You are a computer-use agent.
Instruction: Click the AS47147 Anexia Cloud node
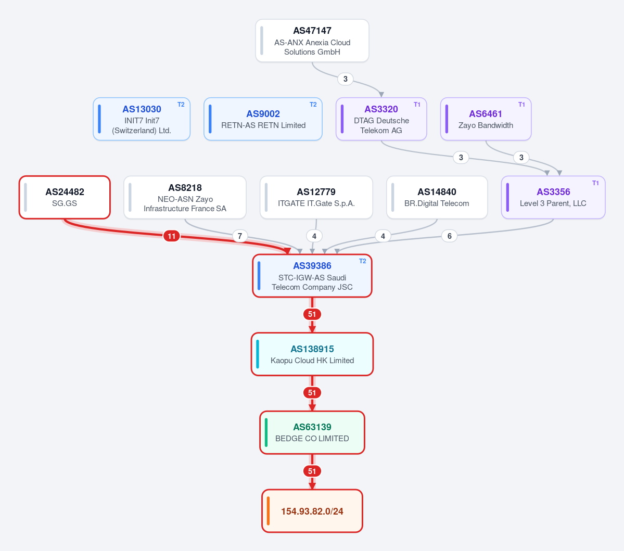coord(312,41)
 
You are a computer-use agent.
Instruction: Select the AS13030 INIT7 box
coord(142,119)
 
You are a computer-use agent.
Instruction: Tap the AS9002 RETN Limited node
coord(263,119)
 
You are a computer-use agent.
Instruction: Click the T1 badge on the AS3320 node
coord(417,105)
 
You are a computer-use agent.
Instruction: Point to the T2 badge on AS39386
coord(363,261)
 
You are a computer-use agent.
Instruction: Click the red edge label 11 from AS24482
coord(172,236)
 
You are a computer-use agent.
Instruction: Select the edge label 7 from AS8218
coord(239,236)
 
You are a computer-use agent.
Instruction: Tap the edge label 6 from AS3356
coord(449,236)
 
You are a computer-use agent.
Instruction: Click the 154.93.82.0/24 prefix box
coord(312,511)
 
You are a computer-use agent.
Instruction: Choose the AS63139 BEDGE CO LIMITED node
coord(312,432)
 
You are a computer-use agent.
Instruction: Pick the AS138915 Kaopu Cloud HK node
coord(312,354)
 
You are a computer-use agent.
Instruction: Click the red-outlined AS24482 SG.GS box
coord(65,197)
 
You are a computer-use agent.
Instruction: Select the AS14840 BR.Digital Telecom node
coord(437,197)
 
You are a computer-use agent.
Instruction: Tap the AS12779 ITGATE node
coord(316,197)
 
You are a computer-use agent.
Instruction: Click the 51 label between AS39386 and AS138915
coord(312,314)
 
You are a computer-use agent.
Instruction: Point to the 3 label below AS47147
coord(346,79)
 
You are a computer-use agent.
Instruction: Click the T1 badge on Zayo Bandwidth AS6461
coord(521,105)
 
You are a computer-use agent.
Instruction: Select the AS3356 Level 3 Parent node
coord(553,197)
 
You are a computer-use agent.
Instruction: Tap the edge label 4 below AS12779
coord(314,236)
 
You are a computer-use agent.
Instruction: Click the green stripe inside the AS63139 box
coord(266,432)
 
